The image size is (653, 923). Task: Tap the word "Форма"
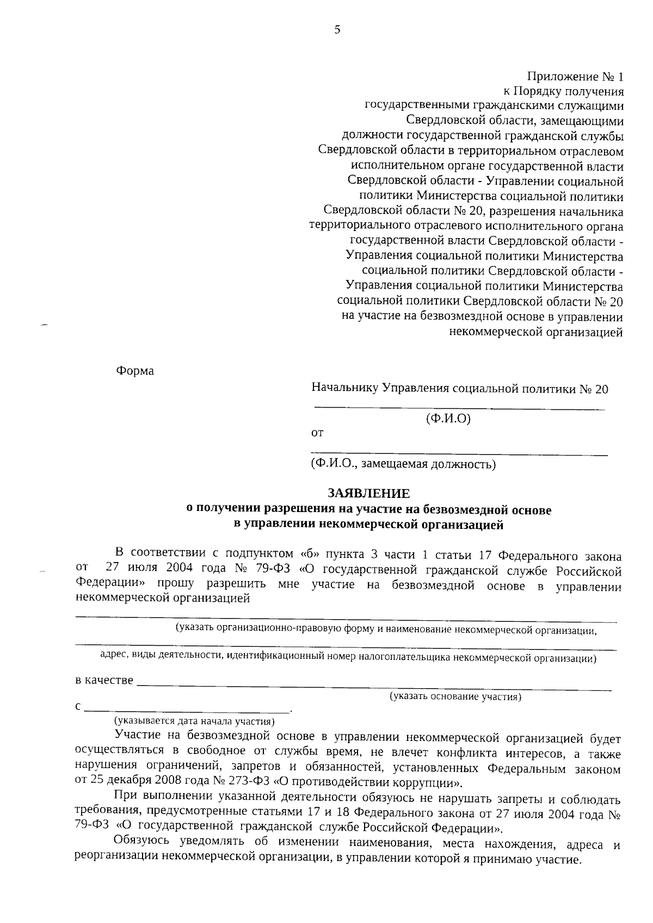coord(135,371)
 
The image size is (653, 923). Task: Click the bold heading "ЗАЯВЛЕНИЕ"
coord(368,494)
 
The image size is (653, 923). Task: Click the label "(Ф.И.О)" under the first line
coord(447,419)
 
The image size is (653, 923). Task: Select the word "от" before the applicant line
coord(317,433)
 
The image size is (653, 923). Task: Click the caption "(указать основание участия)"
coord(455,696)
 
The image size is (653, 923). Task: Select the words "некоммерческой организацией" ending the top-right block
coord(535,332)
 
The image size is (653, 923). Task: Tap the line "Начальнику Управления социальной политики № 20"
coord(460,389)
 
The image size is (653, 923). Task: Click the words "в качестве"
coord(104,680)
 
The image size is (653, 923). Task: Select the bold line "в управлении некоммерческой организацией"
coord(368,525)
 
